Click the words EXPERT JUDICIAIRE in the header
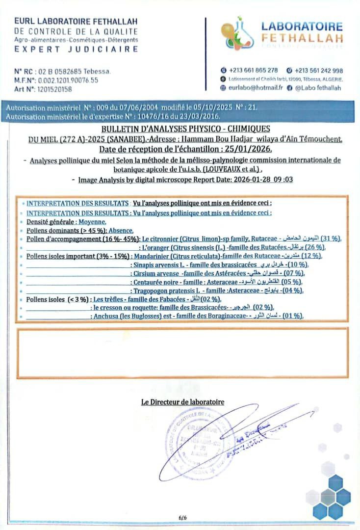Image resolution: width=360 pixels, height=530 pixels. coord(76,49)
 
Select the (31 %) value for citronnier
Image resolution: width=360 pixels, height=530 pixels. coord(331,238)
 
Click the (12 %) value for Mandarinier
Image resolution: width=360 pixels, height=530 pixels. coord(310,256)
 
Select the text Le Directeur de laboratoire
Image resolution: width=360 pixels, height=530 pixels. coord(182,402)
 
